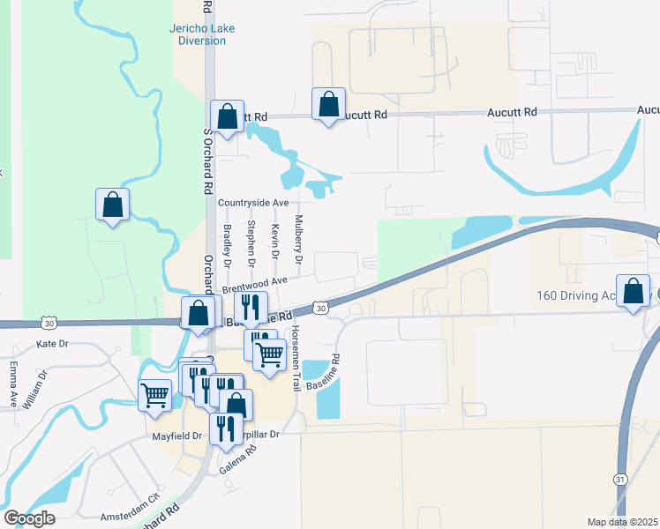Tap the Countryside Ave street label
point(254,203)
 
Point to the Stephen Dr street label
point(251,244)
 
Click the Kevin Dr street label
point(275,241)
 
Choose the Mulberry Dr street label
point(299,240)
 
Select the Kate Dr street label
point(51,343)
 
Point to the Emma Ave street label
point(13,384)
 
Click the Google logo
point(29,518)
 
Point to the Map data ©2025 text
point(622,522)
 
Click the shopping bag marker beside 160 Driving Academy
point(634,292)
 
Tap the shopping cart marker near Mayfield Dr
point(155,393)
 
